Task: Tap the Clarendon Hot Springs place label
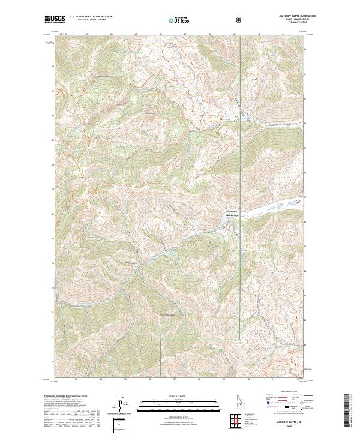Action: click(232, 213)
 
